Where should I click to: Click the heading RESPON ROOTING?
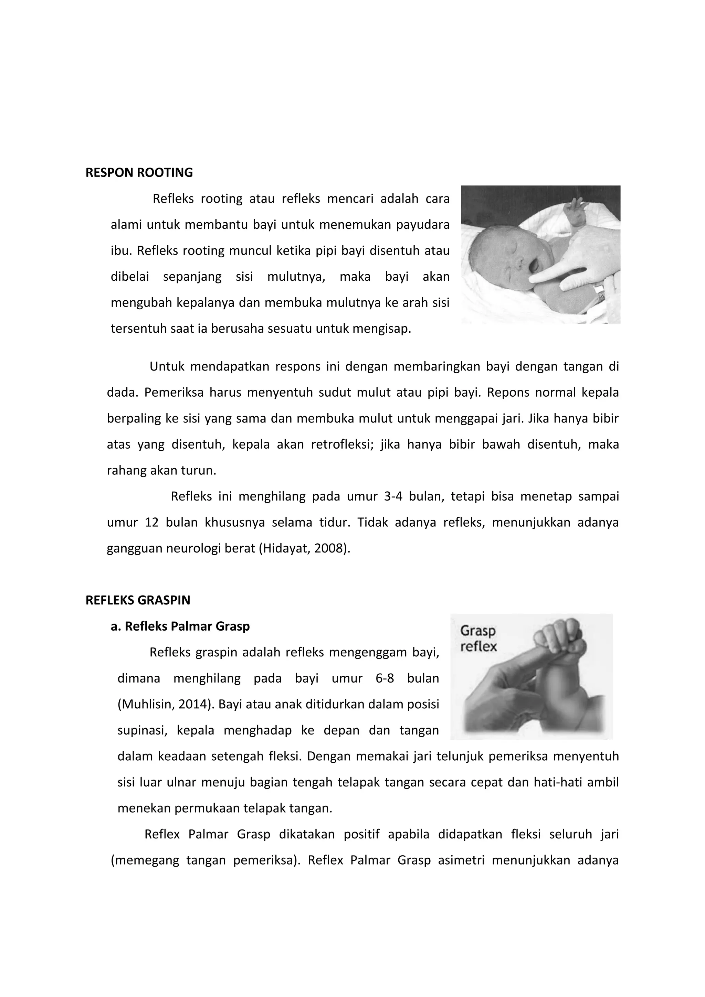click(139, 173)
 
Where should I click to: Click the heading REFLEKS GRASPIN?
click(138, 601)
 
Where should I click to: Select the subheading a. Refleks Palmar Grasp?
click(180, 626)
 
